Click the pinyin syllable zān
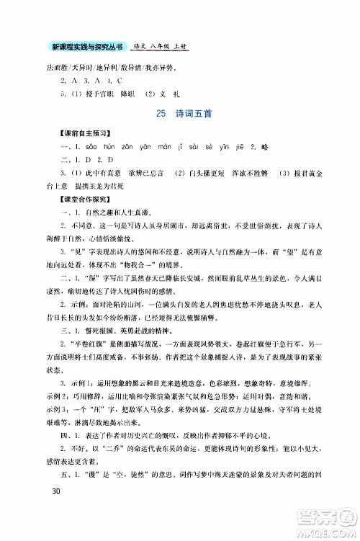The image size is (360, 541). (x=131, y=148)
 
